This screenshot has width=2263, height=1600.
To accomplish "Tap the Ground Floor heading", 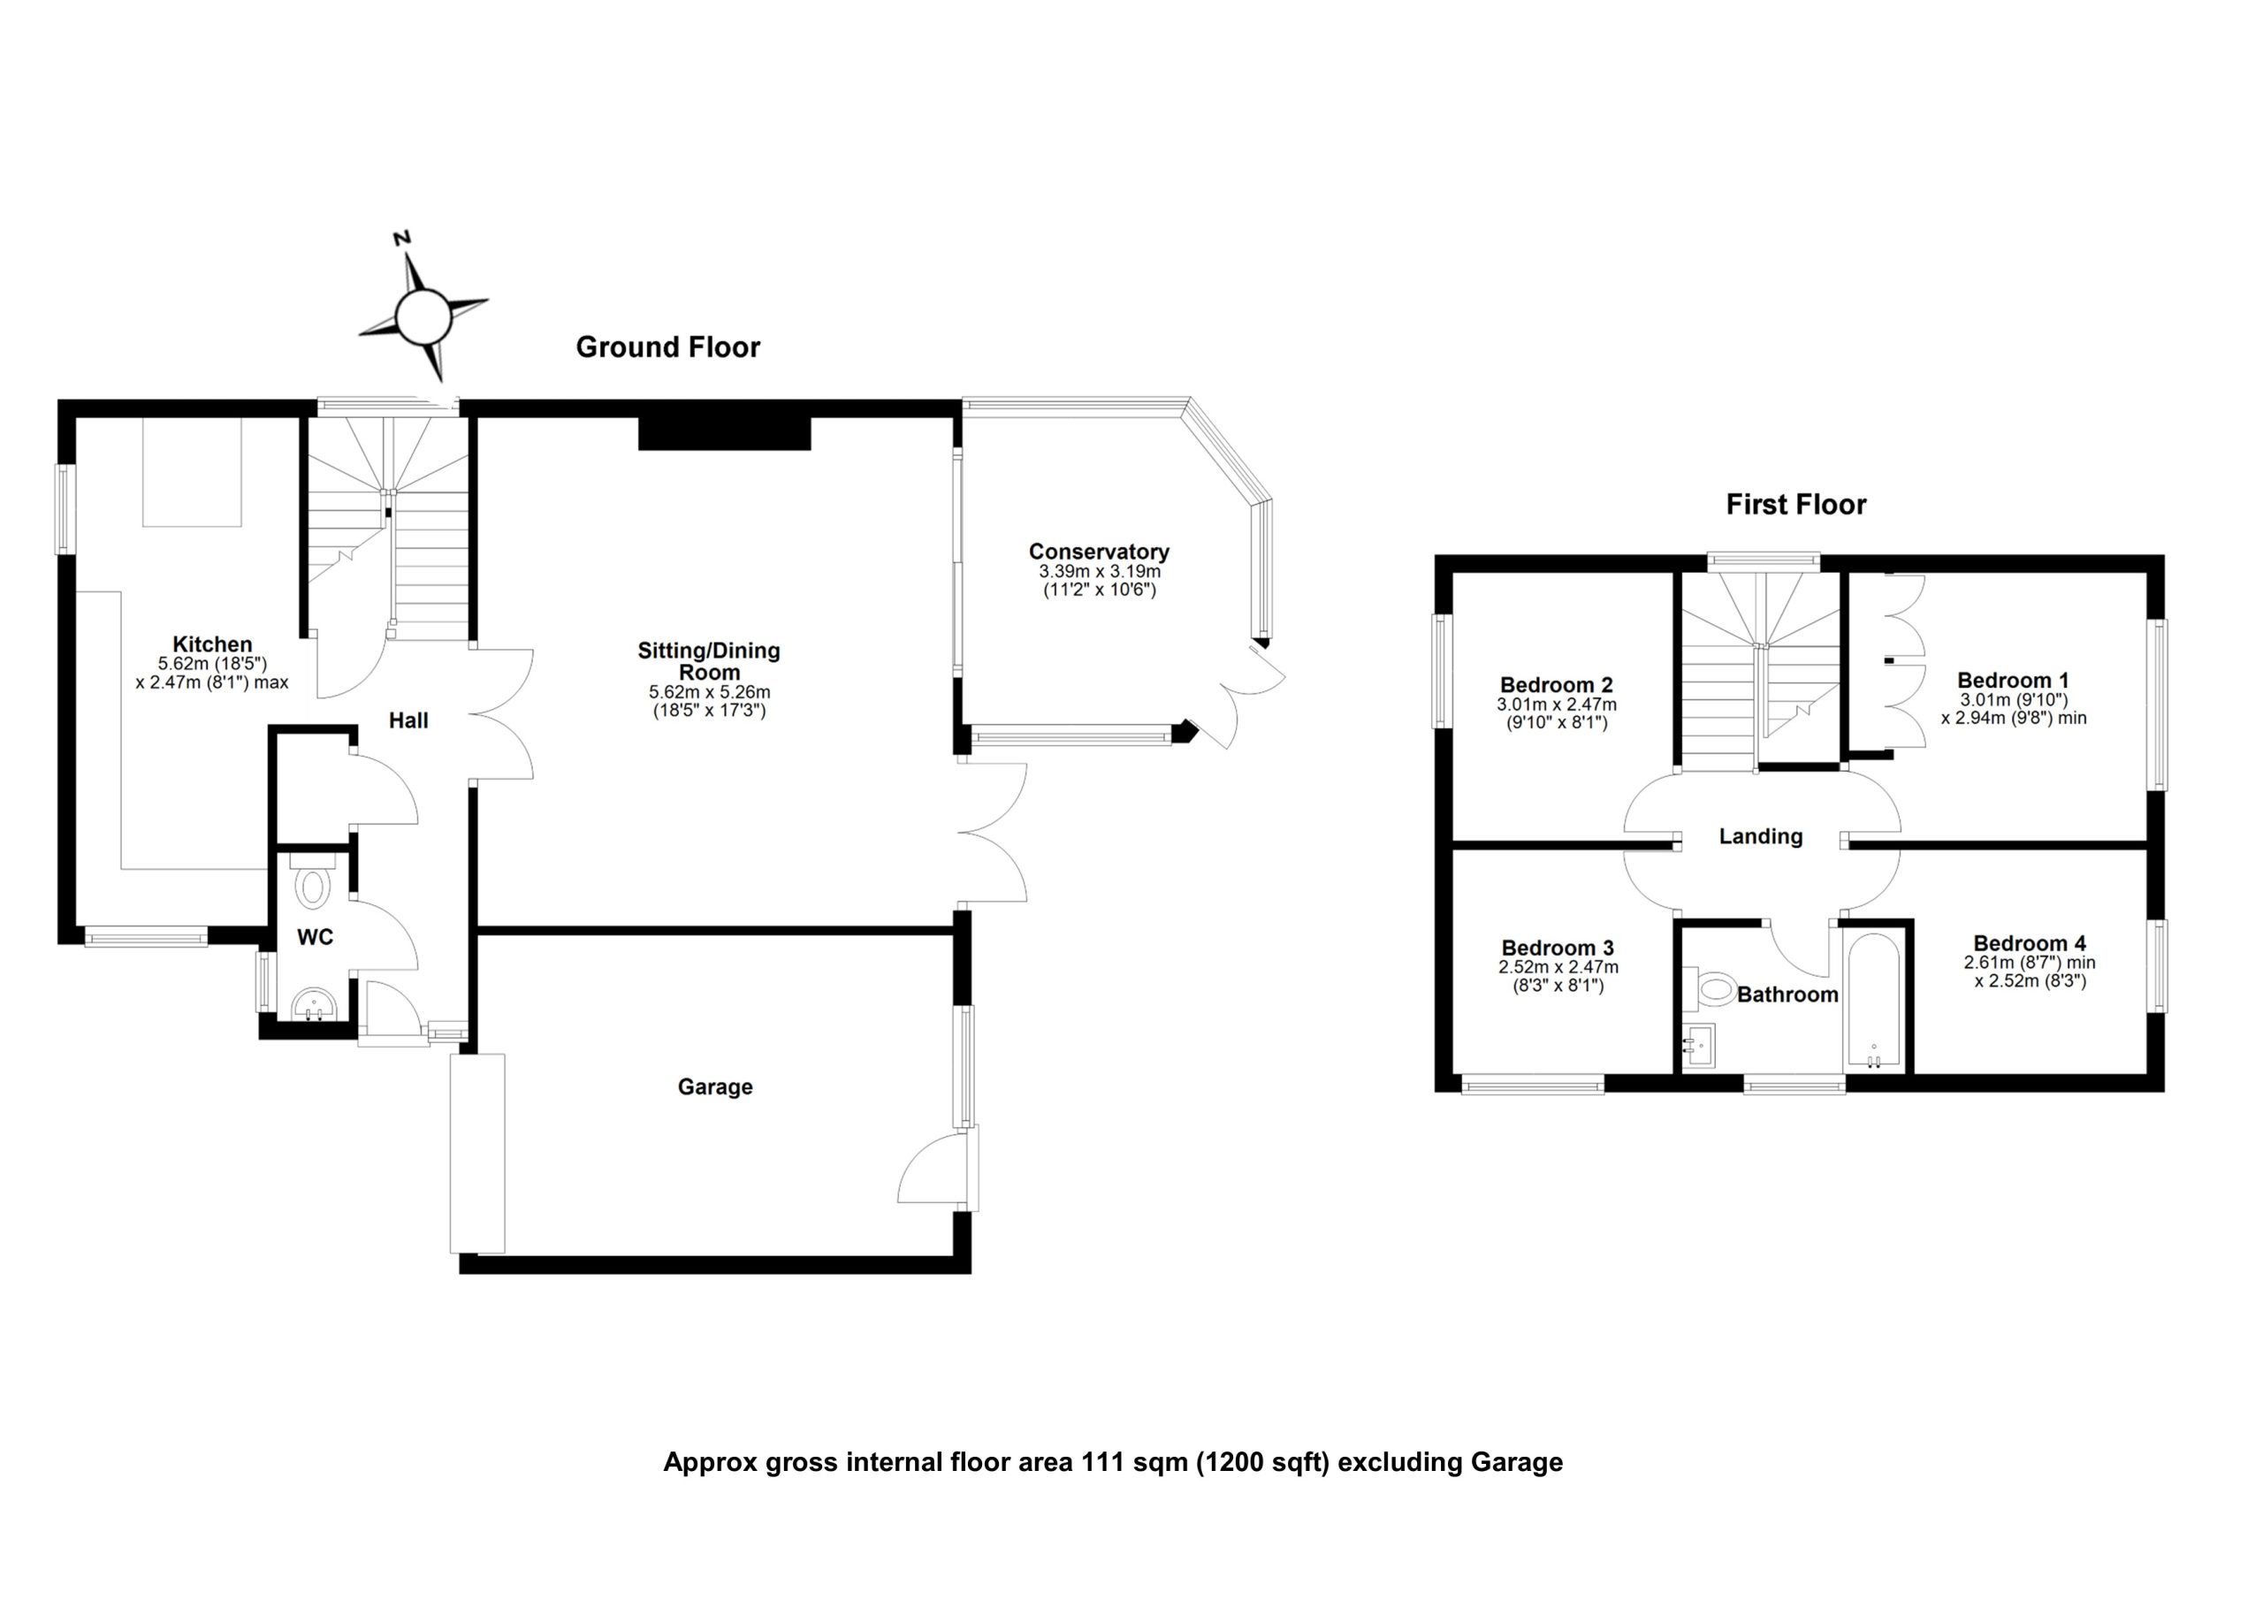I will [667, 347].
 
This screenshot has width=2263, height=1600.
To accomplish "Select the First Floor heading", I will [1795, 505].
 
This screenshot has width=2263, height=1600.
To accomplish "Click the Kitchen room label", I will [212, 644].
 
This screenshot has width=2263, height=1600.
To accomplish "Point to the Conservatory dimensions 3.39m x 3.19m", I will [1099, 572].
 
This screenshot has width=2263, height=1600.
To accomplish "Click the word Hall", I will [408, 720].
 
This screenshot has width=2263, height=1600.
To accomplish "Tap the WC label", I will [316, 938].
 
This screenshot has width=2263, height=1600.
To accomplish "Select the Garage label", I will [714, 1086].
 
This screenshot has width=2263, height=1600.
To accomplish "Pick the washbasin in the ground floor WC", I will [316, 1006].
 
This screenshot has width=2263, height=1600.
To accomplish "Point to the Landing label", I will [1760, 836].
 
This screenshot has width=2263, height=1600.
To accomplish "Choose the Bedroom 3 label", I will [1558, 949].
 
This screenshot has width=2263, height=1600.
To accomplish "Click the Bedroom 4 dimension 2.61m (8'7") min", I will [2030, 964].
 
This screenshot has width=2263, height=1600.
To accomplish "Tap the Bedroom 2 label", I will [1557, 685].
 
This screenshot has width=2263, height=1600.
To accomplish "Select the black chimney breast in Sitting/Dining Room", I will [725, 434].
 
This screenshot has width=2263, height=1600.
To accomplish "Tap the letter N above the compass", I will [402, 239].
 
